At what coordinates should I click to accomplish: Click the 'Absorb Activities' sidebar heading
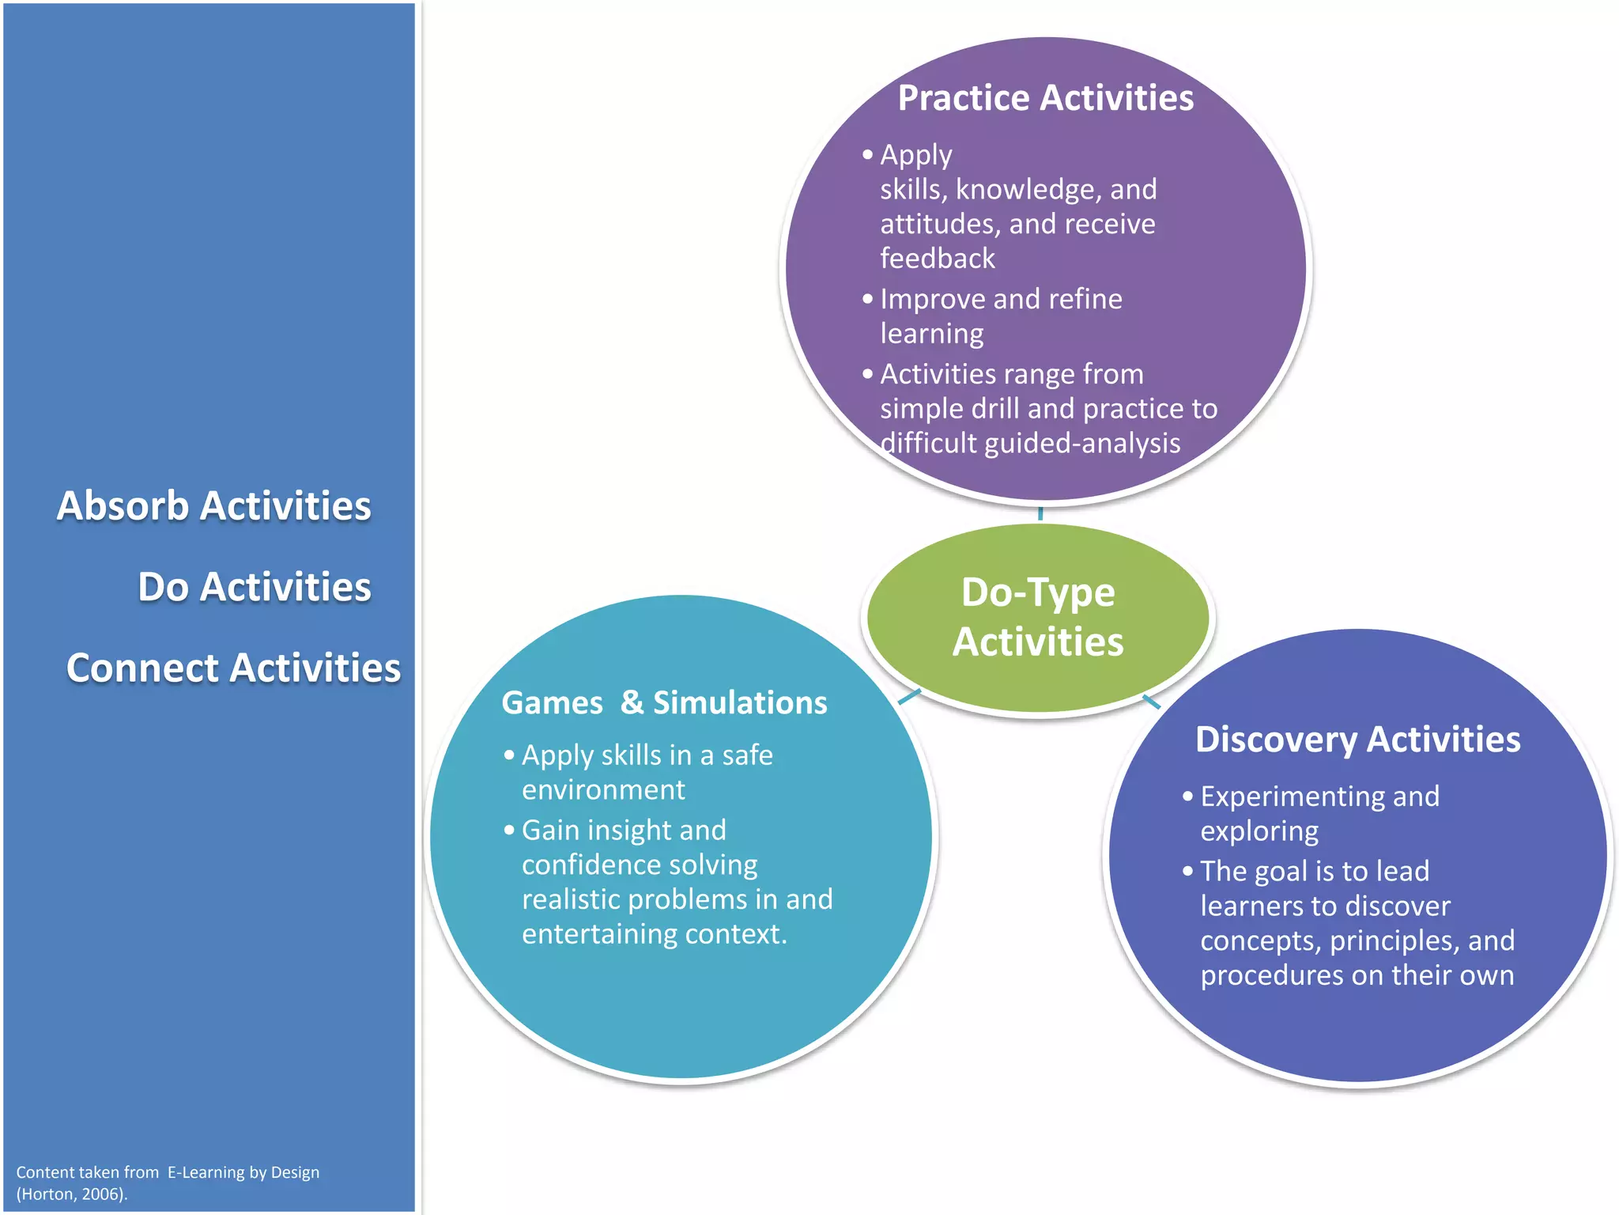tap(213, 506)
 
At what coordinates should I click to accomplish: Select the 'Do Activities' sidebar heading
tap(254, 587)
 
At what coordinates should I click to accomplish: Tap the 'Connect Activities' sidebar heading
tap(233, 668)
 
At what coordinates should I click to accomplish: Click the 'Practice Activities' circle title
tap(1045, 99)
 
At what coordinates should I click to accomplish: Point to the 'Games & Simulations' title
tap(664, 703)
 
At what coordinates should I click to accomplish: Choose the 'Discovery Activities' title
tap(1357, 740)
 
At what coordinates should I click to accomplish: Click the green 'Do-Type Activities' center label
tap(1038, 617)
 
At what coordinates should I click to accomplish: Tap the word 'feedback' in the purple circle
tap(938, 259)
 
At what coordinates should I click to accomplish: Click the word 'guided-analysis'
tap(1082, 444)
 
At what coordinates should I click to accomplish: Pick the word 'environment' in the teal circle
tap(603, 790)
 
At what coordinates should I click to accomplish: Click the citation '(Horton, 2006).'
tap(72, 1194)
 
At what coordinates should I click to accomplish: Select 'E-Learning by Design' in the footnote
tap(243, 1172)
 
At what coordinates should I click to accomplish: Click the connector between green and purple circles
tap(1040, 513)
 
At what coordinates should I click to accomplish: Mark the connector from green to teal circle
tap(910, 697)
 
